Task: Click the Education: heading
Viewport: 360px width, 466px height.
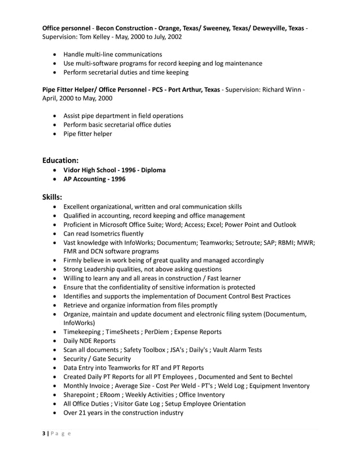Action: click(x=64, y=160)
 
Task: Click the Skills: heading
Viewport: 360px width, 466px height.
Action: click(x=52, y=197)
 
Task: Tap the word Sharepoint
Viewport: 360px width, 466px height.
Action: click(x=82, y=395)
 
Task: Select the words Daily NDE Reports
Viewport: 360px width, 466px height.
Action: click(x=89, y=341)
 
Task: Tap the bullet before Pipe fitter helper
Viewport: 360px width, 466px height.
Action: click(x=54, y=134)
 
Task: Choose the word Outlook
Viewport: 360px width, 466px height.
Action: click(x=282, y=225)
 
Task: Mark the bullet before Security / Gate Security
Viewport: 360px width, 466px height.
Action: click(x=54, y=359)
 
